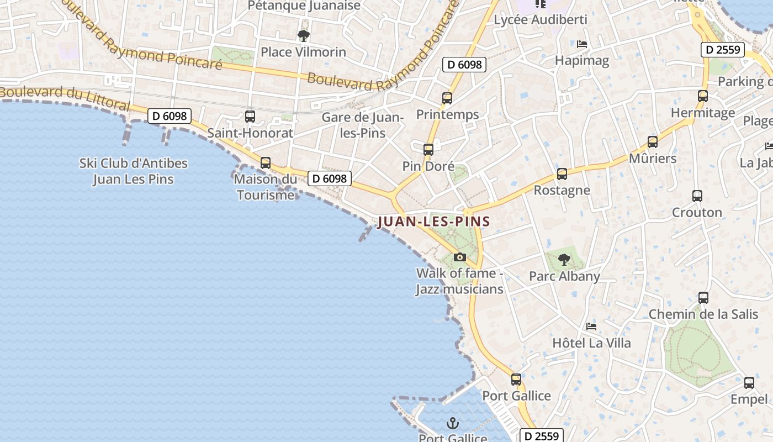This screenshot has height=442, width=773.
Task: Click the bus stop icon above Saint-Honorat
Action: pos(250,117)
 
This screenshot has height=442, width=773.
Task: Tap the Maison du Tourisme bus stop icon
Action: pos(266,163)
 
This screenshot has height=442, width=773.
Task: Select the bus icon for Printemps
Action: pos(447,98)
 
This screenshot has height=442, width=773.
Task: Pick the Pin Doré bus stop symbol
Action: pos(428,149)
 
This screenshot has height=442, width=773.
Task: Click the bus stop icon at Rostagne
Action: pos(562,174)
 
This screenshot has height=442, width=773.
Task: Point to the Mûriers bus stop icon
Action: pos(653,142)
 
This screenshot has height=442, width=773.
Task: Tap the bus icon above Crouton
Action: pos(697,196)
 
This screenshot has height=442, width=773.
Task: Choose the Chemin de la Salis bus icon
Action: pos(703,298)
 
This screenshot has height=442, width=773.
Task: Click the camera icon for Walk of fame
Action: pos(459,257)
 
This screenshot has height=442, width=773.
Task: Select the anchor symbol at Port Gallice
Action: pos(453,424)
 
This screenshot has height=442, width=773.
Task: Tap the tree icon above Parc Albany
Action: pos(564,259)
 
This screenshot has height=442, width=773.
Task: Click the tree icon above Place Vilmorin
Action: pos(303,36)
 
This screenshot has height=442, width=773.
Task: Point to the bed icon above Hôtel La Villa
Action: pos(591,327)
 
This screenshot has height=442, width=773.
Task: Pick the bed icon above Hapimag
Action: pos(582,44)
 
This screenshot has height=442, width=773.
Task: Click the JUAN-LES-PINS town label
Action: pos(434,222)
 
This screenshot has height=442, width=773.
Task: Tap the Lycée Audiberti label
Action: pos(533,20)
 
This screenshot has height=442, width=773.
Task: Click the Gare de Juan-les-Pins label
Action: pos(363,125)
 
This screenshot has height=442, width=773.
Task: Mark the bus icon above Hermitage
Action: pos(703,96)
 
